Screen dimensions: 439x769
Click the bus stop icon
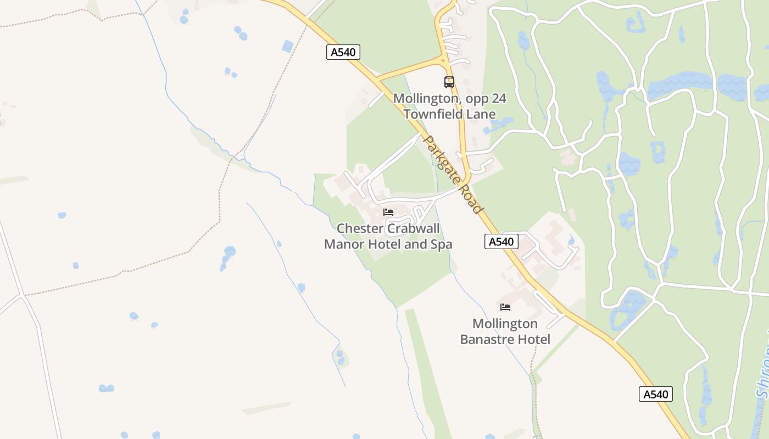click(449, 82)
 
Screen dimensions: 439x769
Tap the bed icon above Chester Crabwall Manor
click(388, 212)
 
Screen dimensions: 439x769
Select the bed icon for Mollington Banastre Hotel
click(505, 307)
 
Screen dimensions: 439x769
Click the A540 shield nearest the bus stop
click(343, 52)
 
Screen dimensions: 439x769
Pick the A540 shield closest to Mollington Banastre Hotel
click(501, 241)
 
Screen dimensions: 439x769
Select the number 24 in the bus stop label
click(498, 99)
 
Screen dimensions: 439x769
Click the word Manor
click(344, 244)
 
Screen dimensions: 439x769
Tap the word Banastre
click(487, 340)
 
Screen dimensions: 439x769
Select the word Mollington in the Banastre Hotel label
click(505, 324)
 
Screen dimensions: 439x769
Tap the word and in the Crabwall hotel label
click(414, 244)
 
